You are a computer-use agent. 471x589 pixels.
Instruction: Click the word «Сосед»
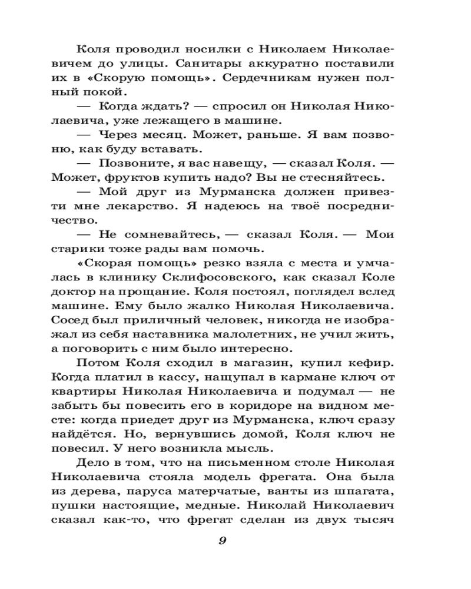pyautogui.click(x=69, y=321)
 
